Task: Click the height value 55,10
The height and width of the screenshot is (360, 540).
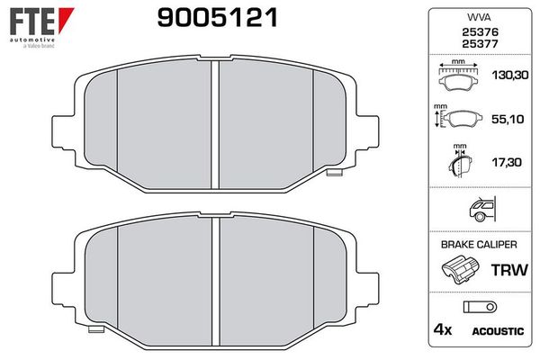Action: click(x=507, y=121)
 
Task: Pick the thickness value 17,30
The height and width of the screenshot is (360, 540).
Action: click(x=507, y=164)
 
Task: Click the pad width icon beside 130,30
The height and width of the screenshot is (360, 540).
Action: click(x=459, y=77)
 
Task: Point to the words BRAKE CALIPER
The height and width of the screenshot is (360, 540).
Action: click(x=478, y=244)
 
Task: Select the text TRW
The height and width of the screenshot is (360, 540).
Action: click(x=507, y=270)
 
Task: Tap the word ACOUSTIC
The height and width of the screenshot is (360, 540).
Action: click(x=497, y=332)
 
